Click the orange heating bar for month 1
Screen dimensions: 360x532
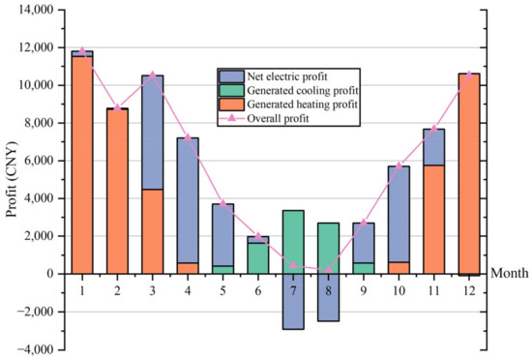tap(82, 165)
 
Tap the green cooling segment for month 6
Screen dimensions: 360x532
tap(258, 257)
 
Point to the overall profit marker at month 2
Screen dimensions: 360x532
tap(117, 107)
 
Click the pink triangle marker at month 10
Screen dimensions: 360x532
tap(399, 165)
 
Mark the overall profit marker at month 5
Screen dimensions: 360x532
tap(222, 204)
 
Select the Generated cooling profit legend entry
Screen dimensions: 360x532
tap(299, 89)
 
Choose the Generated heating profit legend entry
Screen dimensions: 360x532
tap(299, 104)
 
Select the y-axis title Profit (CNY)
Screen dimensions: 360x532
tap(12, 180)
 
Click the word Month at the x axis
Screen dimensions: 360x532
tap(510, 274)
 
